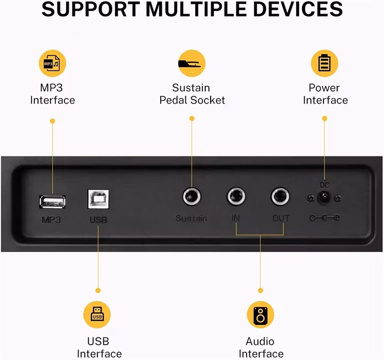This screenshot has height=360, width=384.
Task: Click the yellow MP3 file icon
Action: pos(52,63)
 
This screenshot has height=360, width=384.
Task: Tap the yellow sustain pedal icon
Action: pos(191,63)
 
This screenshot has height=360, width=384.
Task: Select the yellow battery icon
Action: pos(324,63)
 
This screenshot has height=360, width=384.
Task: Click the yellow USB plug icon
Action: pos(97,314)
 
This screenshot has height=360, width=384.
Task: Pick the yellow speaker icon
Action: pos(260,314)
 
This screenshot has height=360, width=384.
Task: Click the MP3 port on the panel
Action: pos(52,201)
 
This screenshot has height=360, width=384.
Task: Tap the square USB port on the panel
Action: pos(98,199)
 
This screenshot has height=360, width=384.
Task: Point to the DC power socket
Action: pos(324,198)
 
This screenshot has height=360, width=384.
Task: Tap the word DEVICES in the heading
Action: pos(297,9)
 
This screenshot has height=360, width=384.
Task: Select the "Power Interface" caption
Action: pos(325,94)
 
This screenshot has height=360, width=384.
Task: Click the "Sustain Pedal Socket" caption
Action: pos(192,94)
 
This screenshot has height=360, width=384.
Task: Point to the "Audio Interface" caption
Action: pos(261,347)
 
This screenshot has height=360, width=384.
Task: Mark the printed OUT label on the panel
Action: pos(281,219)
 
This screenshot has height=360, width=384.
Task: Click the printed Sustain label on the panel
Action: pos(191,219)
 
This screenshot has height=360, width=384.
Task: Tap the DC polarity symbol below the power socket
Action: pos(324,218)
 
